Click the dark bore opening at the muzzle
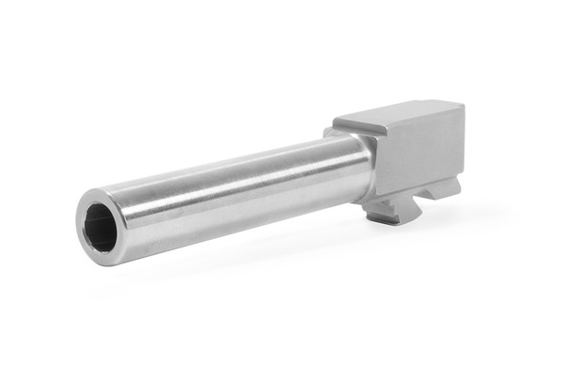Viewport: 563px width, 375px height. tap(100, 229)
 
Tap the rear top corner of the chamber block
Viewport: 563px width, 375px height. tap(460, 105)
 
